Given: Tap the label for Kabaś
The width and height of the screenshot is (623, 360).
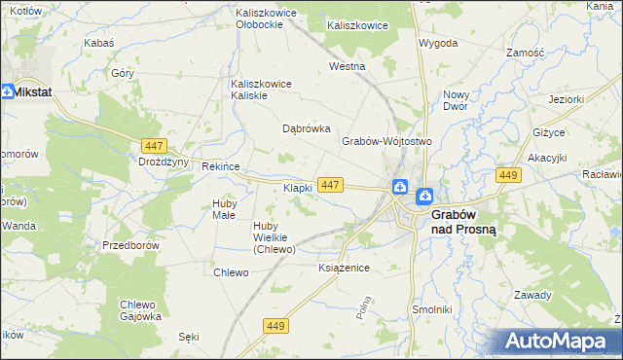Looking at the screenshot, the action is pos(99,44).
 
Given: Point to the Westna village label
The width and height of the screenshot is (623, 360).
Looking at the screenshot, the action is pos(347,67).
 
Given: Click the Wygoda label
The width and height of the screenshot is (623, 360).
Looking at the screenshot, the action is pos(438,44).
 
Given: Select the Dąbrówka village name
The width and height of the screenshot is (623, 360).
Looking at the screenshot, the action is pos(307,128).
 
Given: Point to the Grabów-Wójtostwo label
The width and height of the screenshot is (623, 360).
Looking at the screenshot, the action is pos(385,141).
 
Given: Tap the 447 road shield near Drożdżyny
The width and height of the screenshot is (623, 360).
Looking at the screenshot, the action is pos(151,145).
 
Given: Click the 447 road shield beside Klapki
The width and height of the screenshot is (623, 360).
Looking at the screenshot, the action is pos(330,185).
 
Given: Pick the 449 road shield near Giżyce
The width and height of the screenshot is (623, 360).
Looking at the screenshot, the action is pos(506,175).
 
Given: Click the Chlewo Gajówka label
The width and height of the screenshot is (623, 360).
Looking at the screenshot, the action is pos(140,309).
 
